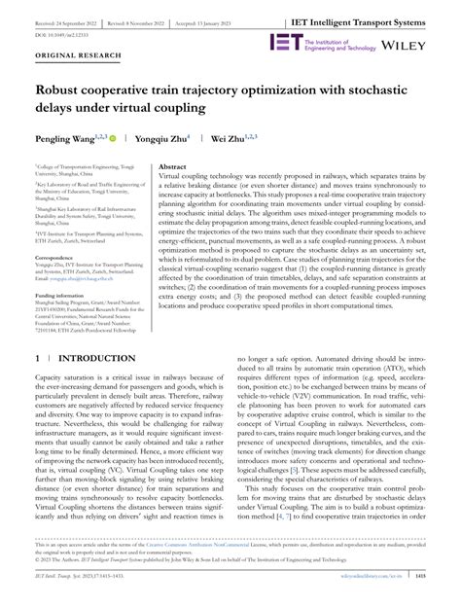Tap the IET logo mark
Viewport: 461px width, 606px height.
point(283,45)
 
